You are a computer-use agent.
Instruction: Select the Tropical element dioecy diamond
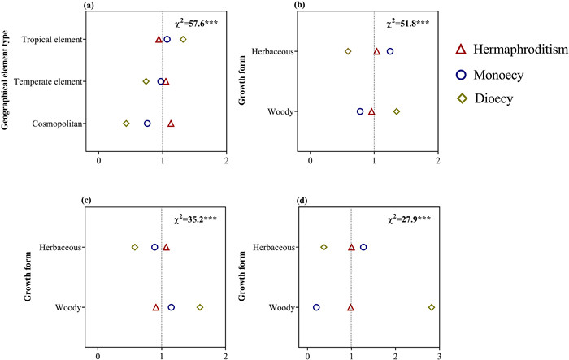183,39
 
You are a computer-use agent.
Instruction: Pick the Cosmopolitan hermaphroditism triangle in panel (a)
171,124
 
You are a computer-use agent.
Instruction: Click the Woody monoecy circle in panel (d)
316,307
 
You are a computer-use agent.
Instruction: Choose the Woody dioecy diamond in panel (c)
200,307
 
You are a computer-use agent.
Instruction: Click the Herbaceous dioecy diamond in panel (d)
324,247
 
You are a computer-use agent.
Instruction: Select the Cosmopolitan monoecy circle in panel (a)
147,124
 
